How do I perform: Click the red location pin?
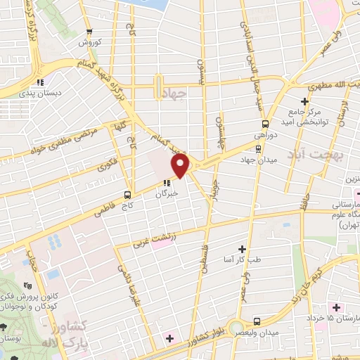(181, 166)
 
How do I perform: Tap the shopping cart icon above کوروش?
(89, 32)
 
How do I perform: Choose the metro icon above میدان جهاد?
(257, 148)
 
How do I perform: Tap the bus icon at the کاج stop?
(127, 194)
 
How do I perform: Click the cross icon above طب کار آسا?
(243, 248)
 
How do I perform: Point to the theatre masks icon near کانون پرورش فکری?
(27, 285)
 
